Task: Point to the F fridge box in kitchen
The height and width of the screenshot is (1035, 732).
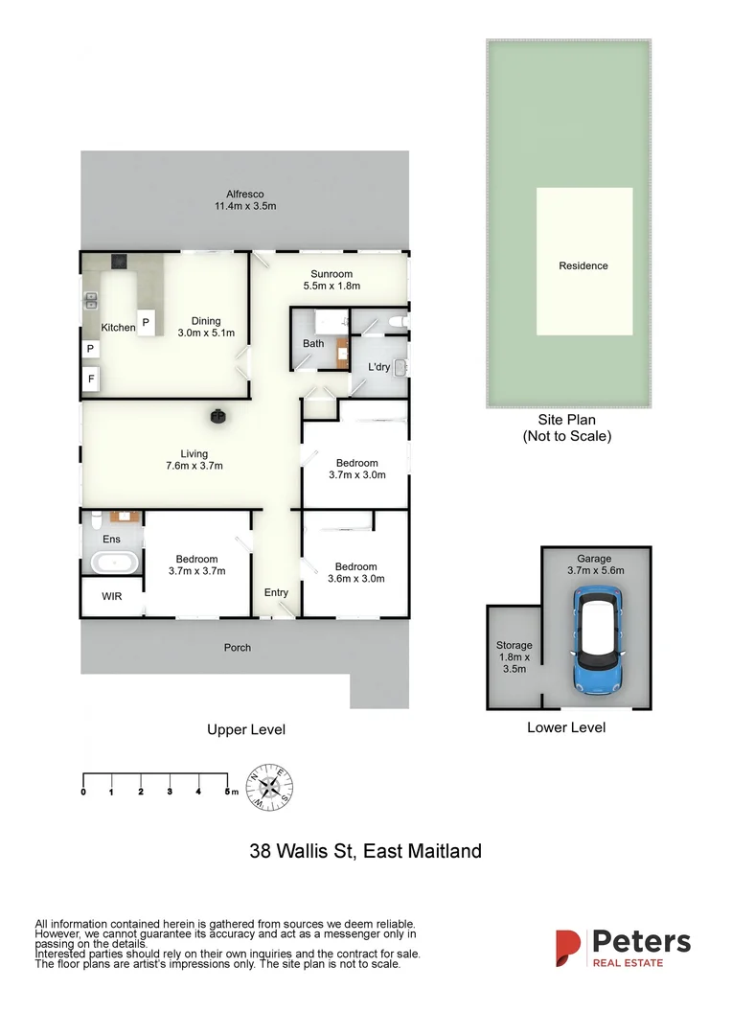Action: (x=92, y=379)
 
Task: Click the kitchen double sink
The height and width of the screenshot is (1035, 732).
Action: (x=92, y=302)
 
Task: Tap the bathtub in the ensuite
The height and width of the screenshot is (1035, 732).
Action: (x=112, y=563)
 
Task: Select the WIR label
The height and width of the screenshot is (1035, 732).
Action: (x=112, y=596)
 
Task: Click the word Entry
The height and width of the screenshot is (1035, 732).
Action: (x=276, y=592)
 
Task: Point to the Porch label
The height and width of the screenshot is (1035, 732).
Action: (x=238, y=648)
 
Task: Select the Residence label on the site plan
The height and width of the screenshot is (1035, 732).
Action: (x=583, y=265)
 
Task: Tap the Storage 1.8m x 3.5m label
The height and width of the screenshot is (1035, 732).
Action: (x=515, y=657)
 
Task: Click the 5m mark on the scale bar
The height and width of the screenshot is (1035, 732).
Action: (x=228, y=792)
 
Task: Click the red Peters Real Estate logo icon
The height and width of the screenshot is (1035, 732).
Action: (x=568, y=948)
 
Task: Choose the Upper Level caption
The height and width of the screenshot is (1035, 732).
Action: (x=246, y=729)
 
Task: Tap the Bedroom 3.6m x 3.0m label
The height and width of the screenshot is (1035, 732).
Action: (x=355, y=572)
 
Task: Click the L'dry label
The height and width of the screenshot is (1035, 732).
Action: (x=378, y=367)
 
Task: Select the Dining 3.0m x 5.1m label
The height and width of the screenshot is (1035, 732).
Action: (x=206, y=327)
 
